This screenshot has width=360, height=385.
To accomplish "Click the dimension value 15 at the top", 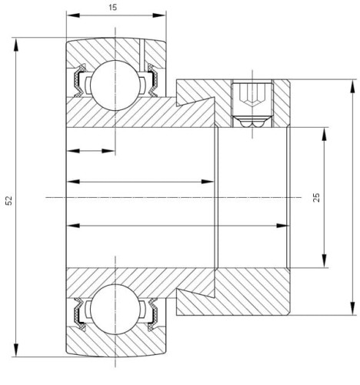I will click(113, 7).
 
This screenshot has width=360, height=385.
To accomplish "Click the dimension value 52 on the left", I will click(8, 199).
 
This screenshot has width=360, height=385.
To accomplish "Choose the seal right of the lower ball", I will click(151, 311).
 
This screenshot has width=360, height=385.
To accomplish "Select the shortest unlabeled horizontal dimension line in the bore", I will click(91, 151).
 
